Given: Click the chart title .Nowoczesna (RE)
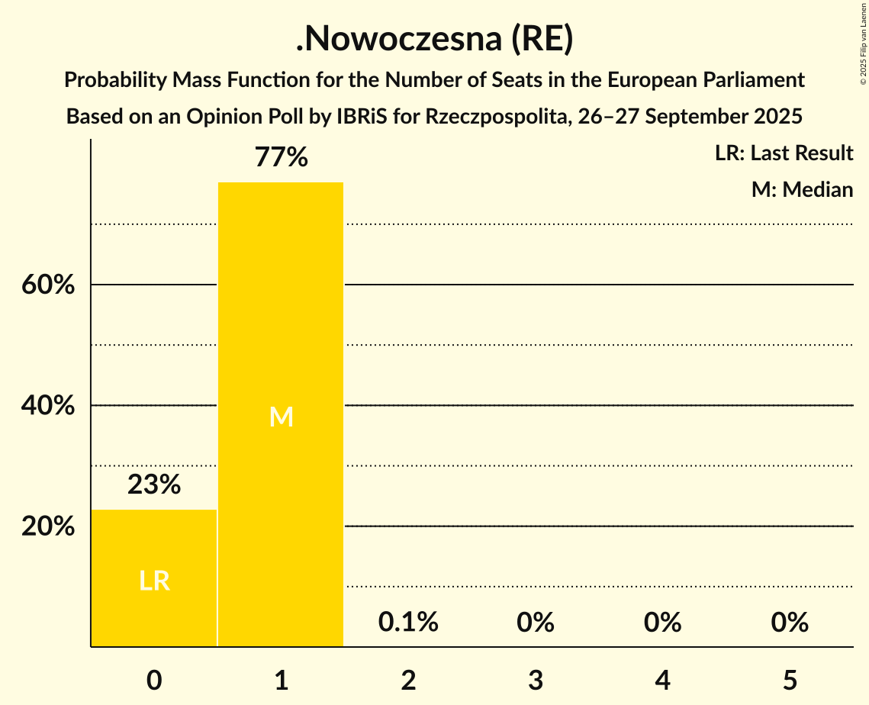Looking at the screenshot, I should pos(434,40).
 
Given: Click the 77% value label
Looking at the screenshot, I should pos(281,158).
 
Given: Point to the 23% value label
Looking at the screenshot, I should pos(154,484).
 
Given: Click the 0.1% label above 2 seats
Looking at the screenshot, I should pos(408,623).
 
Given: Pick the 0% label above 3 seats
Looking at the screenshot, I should pos(535,623).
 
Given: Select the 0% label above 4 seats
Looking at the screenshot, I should pos(662,623).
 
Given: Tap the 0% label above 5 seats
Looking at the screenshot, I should pos(789,623).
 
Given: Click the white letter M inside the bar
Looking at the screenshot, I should pos(281,417).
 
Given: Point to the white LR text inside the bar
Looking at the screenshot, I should pos(154,581).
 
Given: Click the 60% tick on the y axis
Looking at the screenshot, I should pos(48,285).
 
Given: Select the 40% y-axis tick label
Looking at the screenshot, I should pos(48,406).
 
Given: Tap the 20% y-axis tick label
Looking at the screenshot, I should pos(48,526).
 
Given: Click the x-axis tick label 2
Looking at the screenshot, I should pos(408,681).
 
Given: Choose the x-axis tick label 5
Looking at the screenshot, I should pos(789,681).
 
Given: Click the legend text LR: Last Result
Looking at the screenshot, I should pos(784,153).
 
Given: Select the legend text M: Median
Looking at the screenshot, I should pos(802,189).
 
